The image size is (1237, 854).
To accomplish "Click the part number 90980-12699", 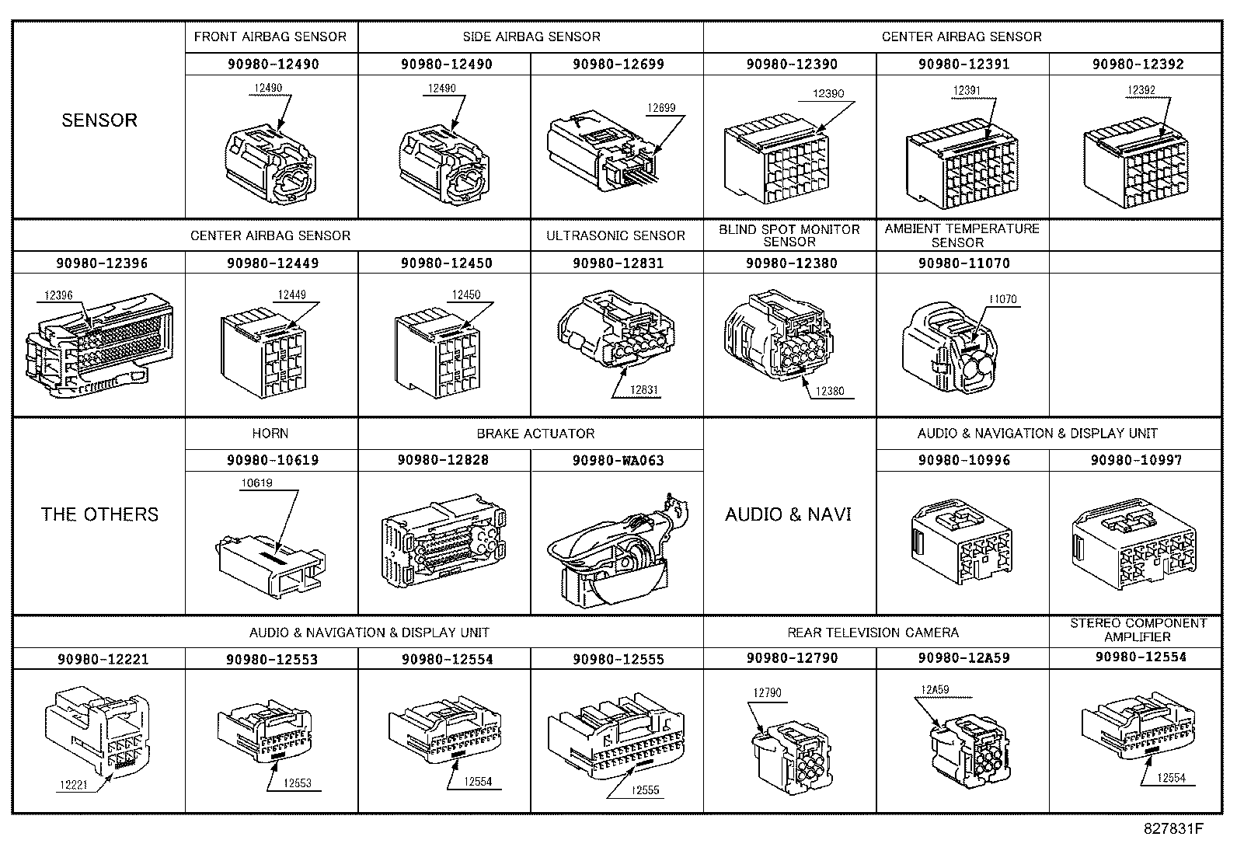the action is [618, 64].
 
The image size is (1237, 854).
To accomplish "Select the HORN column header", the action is [270, 433].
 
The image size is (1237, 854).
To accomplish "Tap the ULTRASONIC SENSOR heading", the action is [615, 236].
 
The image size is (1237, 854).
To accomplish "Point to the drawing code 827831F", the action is [1173, 828].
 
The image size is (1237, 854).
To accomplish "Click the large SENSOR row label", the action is [99, 120].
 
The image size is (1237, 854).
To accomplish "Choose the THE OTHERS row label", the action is [99, 514].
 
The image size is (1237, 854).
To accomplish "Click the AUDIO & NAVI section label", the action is [788, 514].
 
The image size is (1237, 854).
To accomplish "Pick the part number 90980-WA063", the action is [618, 461].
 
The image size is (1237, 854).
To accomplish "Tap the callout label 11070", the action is [1003, 299].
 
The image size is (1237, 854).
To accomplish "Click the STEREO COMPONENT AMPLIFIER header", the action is [1138, 629].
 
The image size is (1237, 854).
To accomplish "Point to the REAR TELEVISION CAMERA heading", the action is [873, 633].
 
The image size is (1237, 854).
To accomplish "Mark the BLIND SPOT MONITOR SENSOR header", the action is [789, 235].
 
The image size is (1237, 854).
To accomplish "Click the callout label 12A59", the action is [935, 689].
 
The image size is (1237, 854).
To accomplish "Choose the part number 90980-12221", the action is [103, 659].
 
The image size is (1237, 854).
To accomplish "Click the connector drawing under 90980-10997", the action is [1134, 543].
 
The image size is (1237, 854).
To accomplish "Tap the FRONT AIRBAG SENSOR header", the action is [270, 37].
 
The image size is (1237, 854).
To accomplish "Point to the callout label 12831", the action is [644, 390].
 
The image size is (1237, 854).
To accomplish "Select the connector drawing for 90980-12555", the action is [616, 734].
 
